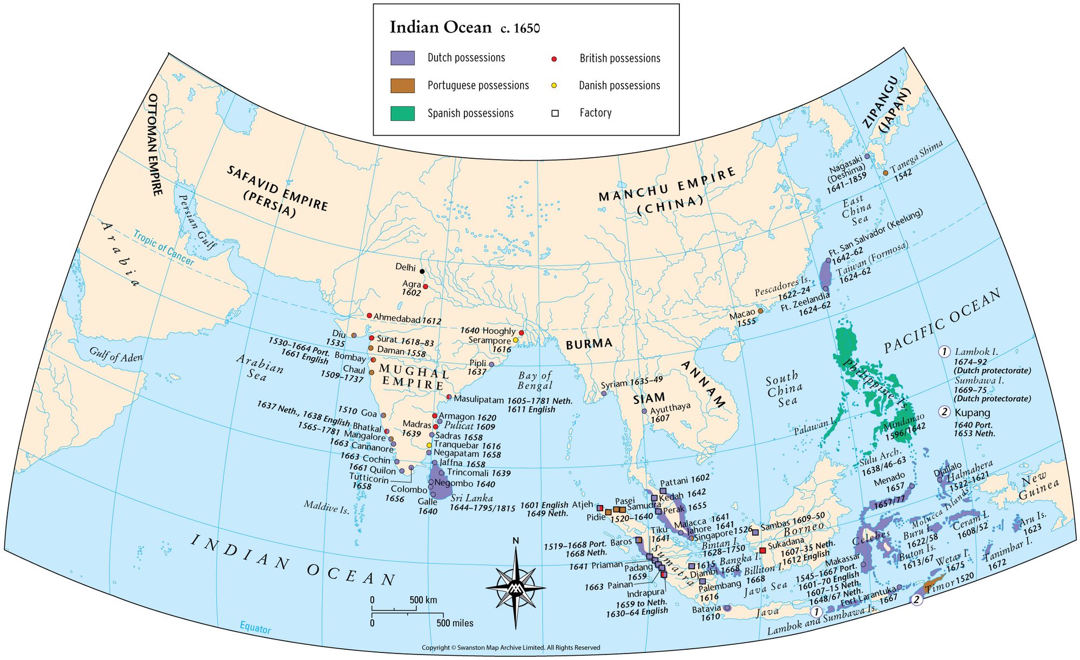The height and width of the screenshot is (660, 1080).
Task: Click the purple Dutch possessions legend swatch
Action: (x=402, y=58)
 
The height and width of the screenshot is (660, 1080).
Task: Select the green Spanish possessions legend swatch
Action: (x=402, y=113)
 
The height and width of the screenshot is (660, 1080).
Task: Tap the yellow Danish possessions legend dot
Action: (x=554, y=85)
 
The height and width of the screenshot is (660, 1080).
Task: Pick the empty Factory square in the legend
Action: (x=555, y=113)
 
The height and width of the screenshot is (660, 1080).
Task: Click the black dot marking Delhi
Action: (x=422, y=271)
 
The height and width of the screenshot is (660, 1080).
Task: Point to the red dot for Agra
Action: (x=426, y=286)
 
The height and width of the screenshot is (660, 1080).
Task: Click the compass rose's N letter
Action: (x=516, y=541)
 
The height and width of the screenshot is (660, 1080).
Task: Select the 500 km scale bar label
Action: (x=423, y=600)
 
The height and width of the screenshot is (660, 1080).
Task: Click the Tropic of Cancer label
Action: (x=163, y=248)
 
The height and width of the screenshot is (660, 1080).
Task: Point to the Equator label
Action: (x=255, y=628)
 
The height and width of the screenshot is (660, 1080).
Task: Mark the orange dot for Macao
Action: (x=761, y=311)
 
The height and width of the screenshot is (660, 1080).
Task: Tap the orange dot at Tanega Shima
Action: (x=886, y=173)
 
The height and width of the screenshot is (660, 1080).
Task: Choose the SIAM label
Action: (x=649, y=399)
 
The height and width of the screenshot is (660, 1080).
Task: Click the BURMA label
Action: (x=589, y=344)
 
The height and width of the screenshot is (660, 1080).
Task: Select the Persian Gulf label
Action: (x=197, y=222)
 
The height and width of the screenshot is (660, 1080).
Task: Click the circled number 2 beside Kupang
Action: (x=944, y=412)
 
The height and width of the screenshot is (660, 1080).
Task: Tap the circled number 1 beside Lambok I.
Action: (x=944, y=352)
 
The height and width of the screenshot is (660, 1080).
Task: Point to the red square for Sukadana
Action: (x=762, y=550)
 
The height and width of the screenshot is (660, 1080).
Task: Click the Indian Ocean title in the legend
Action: (x=441, y=28)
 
